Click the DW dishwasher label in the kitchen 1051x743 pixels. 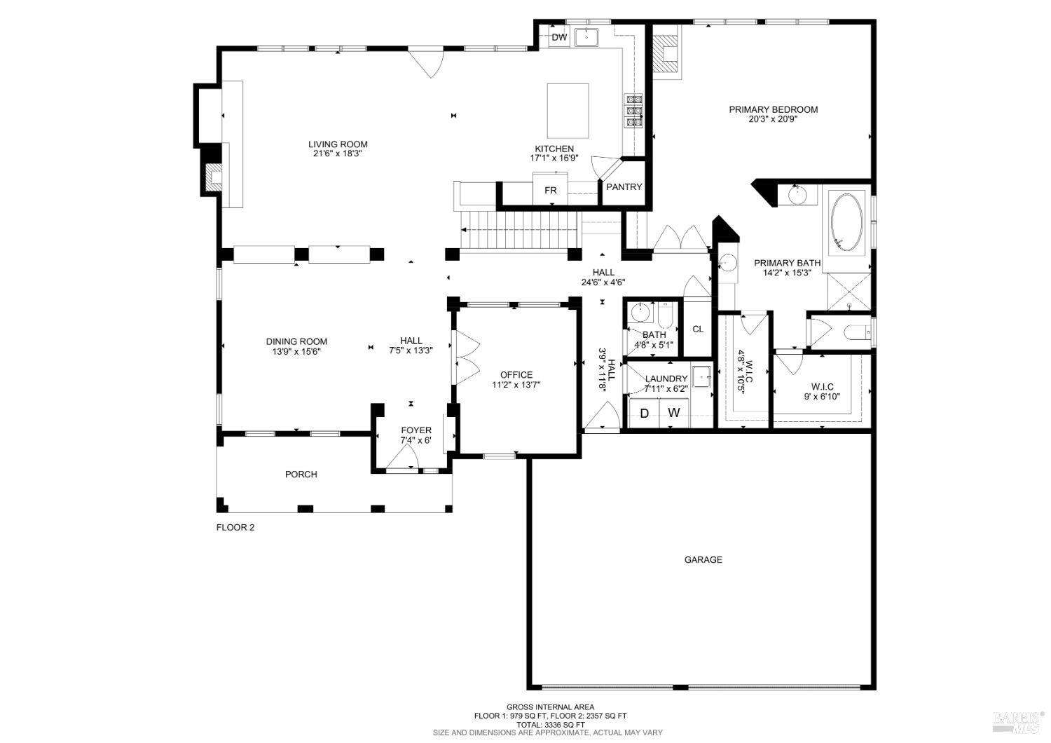click(558, 38)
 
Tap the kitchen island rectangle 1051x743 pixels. click(568, 111)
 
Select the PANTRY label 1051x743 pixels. click(624, 186)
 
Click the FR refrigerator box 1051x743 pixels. click(551, 191)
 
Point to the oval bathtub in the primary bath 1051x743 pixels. click(847, 223)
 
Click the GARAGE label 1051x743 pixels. click(703, 559)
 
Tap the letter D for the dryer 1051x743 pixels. click(645, 414)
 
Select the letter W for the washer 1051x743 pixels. click(673, 413)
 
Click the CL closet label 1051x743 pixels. click(698, 329)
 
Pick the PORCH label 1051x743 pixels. click(301, 475)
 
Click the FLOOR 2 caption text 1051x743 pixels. click(235, 527)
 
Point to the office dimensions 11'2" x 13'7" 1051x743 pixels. click(516, 384)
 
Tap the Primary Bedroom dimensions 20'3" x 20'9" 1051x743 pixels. click(773, 119)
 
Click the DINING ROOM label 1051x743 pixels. click(296, 341)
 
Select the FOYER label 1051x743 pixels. click(416, 430)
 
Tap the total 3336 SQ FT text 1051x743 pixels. click(550, 724)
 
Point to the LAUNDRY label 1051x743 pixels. click(666, 379)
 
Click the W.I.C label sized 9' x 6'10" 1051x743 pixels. click(822, 386)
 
